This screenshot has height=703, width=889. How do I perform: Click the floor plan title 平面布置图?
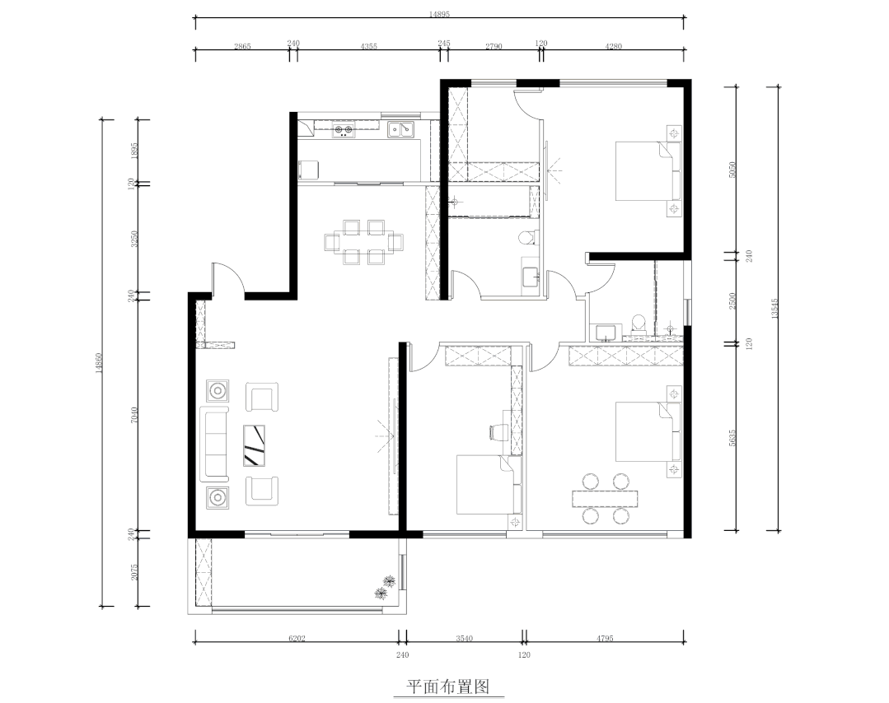tap(450, 686)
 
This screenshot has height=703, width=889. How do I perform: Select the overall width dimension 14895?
tap(438, 14)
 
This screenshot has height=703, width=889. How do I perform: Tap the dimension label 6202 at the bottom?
tap(297, 639)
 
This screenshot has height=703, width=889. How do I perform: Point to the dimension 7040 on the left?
tap(136, 417)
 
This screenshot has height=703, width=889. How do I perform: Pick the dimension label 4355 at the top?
tap(368, 47)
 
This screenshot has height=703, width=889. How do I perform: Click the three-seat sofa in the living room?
tap(216, 443)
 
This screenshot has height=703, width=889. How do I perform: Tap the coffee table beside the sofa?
tap(255, 445)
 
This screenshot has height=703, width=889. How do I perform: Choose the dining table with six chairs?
tap(364, 242)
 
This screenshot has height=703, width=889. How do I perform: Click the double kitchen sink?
tap(400, 129)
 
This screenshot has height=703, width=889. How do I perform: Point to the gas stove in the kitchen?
tap(343, 129)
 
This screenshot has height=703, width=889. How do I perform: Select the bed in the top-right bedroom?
tap(648, 171)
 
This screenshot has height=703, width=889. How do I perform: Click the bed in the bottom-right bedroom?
tap(648, 431)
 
